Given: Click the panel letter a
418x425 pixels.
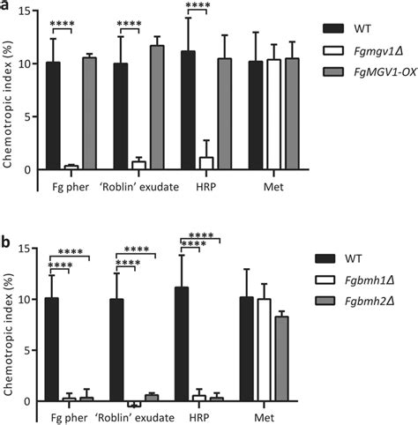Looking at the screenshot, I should (x=5, y=6).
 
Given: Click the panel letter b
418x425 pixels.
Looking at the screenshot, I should (x=5, y=217).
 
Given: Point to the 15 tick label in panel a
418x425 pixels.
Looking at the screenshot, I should (x=26, y=11).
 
